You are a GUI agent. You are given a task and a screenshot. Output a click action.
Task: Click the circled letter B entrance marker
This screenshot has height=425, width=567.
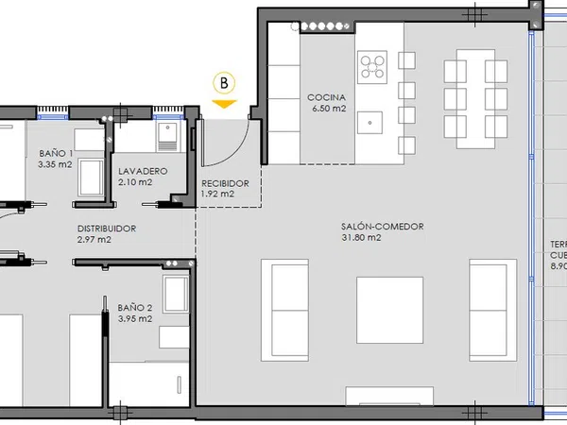click(224, 83)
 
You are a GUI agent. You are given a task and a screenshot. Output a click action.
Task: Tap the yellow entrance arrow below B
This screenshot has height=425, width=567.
click(224, 104)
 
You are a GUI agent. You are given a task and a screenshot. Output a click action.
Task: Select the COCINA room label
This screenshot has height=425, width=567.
click(327, 97)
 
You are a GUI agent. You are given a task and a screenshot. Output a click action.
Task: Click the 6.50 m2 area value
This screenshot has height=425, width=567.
click(329, 108)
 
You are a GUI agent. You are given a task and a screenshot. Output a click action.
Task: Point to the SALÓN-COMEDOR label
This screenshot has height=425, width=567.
click(382, 227)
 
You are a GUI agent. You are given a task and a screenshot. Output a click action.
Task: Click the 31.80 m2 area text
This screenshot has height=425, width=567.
click(361, 237)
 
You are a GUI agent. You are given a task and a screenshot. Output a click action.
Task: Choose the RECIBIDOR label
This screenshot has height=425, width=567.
click(225, 183)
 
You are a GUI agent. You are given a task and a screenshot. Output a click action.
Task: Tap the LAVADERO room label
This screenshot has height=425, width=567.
click(143, 171)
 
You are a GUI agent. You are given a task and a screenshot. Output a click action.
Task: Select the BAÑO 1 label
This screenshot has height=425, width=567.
click(56, 153)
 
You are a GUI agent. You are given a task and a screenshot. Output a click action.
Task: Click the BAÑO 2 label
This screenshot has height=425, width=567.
click(135, 308)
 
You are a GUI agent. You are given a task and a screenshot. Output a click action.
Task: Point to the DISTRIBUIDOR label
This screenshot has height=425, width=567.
click(107, 229)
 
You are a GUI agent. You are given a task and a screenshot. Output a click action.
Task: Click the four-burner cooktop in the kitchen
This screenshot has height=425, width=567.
click(372, 67)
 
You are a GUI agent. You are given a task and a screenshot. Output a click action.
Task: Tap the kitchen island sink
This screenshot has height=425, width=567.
click(369, 123)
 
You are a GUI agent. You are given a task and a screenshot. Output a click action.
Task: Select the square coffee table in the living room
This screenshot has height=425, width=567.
click(389, 310)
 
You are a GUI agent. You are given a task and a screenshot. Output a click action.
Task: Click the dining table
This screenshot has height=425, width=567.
click(475, 99)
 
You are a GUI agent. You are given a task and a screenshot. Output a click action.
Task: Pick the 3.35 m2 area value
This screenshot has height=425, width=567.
click(55, 164)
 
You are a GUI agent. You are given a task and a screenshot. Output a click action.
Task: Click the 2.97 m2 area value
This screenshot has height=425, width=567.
click(94, 239)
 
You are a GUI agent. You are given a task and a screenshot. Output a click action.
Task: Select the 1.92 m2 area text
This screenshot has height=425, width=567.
click(217, 194)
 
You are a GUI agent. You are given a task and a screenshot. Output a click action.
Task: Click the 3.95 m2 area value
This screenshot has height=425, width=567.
click(135, 319)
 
